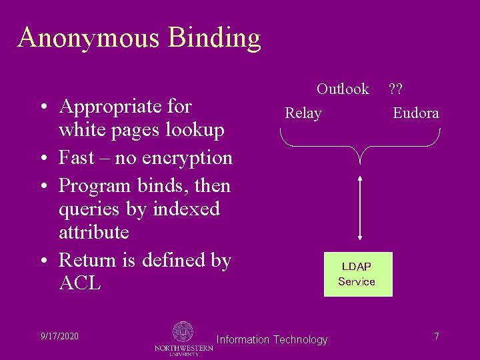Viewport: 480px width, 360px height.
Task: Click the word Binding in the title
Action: [x=214, y=39]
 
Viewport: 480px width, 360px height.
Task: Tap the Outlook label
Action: [x=343, y=89]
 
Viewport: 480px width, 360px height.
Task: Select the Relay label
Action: [x=303, y=113]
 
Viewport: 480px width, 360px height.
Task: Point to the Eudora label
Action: [x=415, y=113]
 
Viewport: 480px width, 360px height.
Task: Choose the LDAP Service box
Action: [x=357, y=274]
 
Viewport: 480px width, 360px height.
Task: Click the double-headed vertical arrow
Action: [x=360, y=207]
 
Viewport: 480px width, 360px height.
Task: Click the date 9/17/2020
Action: [x=59, y=336]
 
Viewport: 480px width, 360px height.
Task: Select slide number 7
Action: [x=436, y=336]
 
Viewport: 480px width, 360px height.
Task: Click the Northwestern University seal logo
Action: [x=183, y=332]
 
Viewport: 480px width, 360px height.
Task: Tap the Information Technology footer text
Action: [x=272, y=340]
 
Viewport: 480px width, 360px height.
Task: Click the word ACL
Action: [x=80, y=283]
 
